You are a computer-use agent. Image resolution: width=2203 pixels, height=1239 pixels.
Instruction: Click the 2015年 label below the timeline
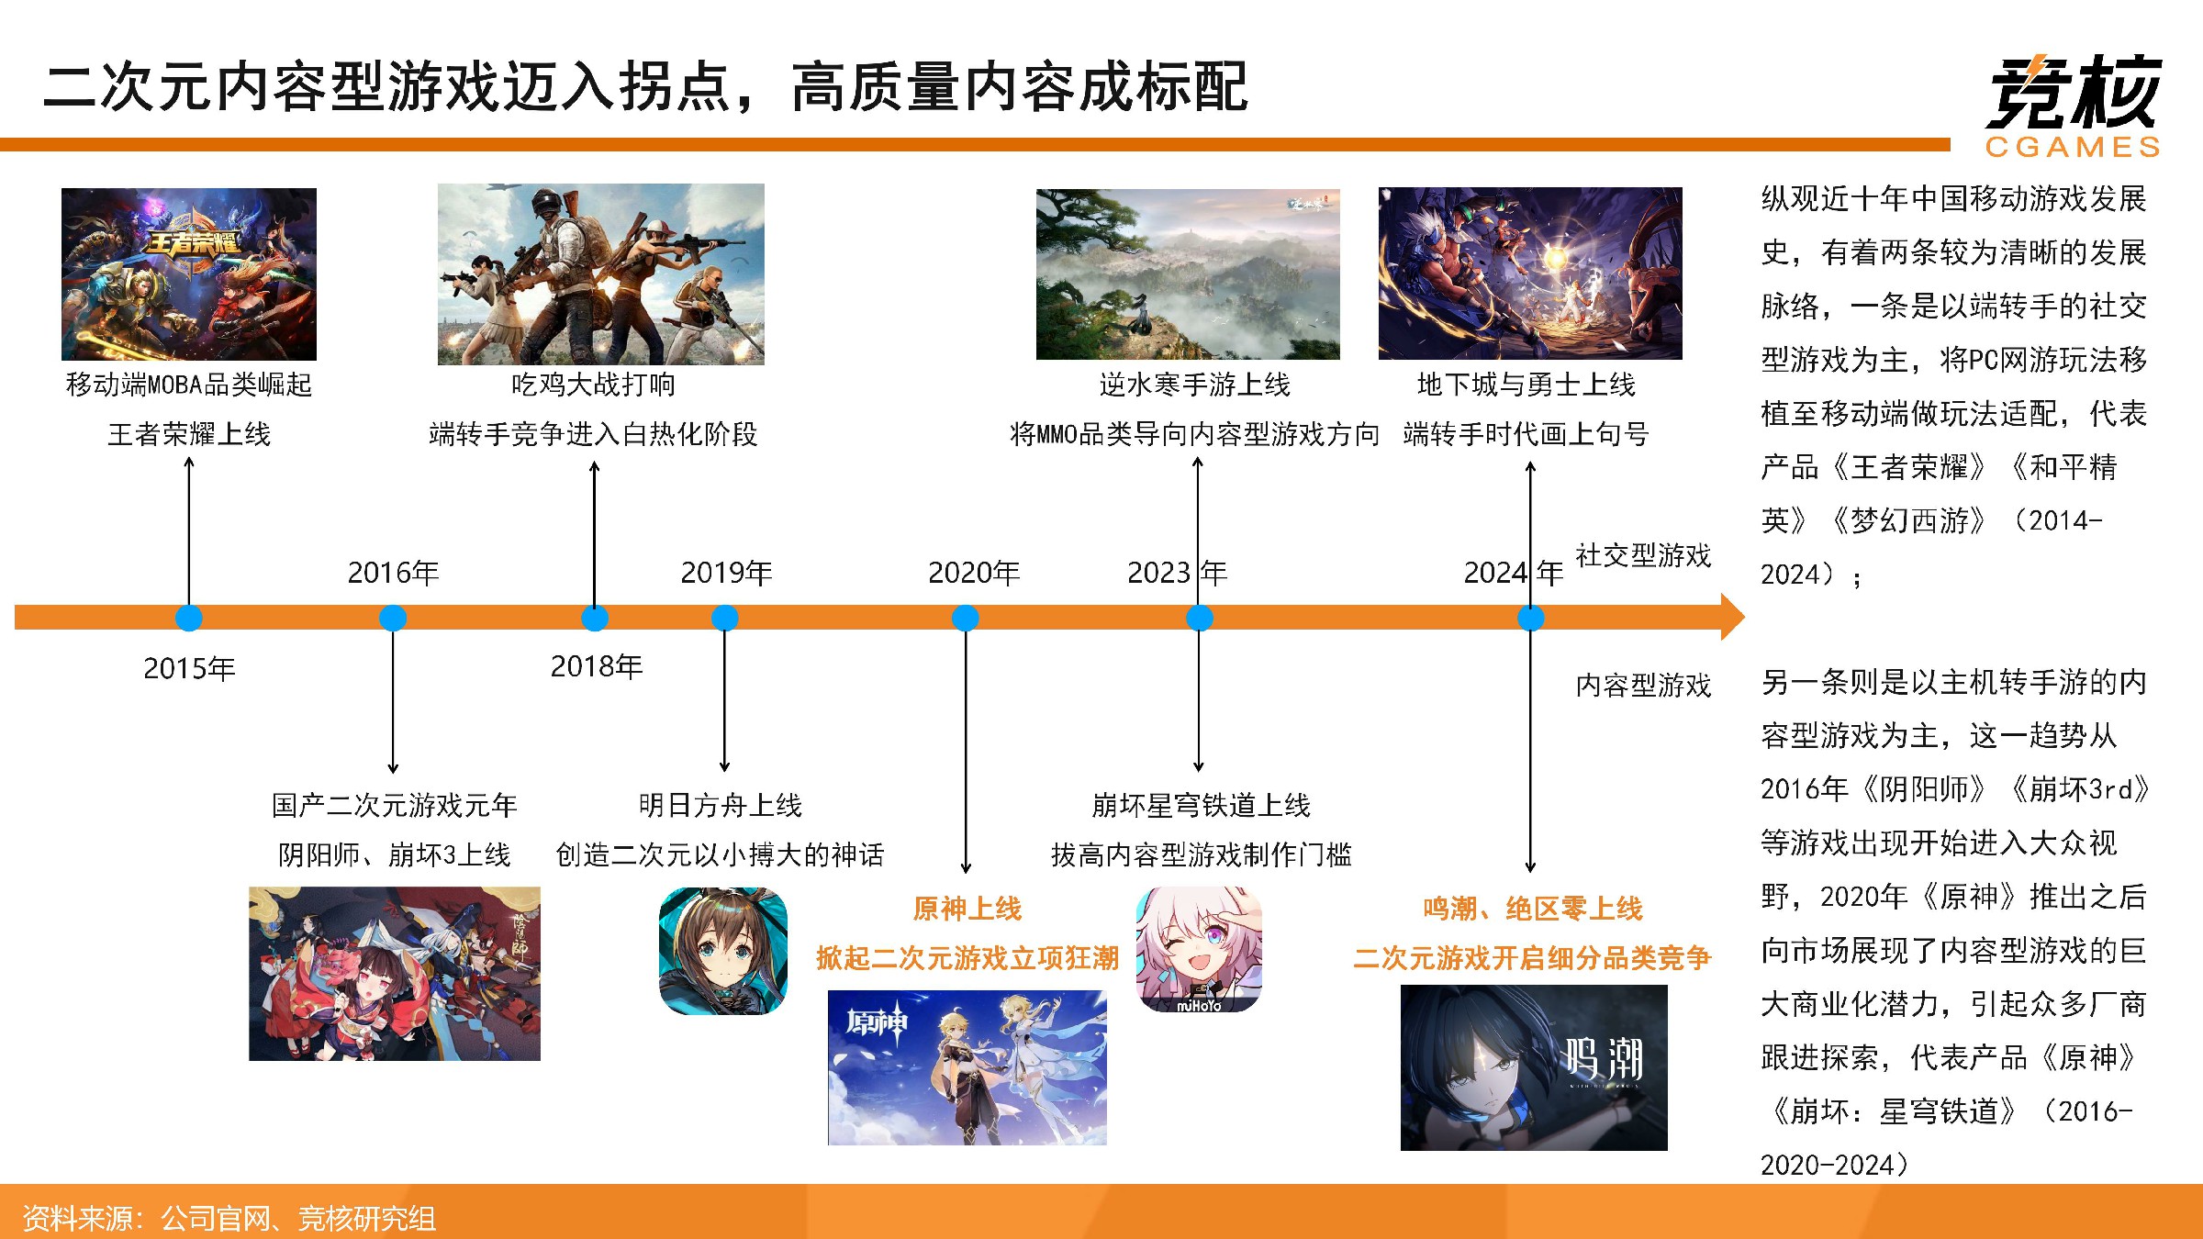tap(189, 668)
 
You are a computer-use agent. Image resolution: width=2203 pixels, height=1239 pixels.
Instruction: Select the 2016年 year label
tap(393, 573)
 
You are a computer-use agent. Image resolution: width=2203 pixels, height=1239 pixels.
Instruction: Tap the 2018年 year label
tap(597, 666)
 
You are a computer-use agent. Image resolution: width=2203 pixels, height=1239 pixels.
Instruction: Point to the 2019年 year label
tap(726, 573)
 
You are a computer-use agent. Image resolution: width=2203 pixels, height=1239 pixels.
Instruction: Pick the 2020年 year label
tap(974, 573)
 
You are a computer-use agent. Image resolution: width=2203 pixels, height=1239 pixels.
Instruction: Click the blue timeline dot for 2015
tap(189, 618)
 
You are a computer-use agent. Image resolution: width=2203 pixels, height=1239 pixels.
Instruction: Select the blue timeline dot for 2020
tap(966, 618)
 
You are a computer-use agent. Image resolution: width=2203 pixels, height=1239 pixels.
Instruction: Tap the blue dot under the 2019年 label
tap(725, 618)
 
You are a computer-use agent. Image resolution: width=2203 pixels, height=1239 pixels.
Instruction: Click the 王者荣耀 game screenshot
tap(189, 274)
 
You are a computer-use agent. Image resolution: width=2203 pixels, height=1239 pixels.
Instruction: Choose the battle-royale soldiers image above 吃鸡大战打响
tap(601, 274)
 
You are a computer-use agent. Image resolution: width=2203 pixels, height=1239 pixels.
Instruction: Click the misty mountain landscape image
tap(1188, 274)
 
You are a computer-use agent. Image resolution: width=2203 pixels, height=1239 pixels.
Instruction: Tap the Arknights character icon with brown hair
tap(723, 951)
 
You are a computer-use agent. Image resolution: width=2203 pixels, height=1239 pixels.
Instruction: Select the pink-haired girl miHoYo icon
tap(1199, 949)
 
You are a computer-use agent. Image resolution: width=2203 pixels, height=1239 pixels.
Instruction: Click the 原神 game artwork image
tap(967, 1067)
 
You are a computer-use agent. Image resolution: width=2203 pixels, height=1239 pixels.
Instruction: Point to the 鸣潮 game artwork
tap(1534, 1067)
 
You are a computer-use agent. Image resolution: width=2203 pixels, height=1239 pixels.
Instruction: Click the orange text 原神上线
tap(967, 909)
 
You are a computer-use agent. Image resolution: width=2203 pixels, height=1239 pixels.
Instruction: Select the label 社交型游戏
tap(1643, 555)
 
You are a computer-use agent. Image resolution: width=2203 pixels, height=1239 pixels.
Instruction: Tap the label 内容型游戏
tap(1643, 686)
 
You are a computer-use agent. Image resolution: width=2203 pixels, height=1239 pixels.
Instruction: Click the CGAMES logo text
tap(2073, 147)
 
